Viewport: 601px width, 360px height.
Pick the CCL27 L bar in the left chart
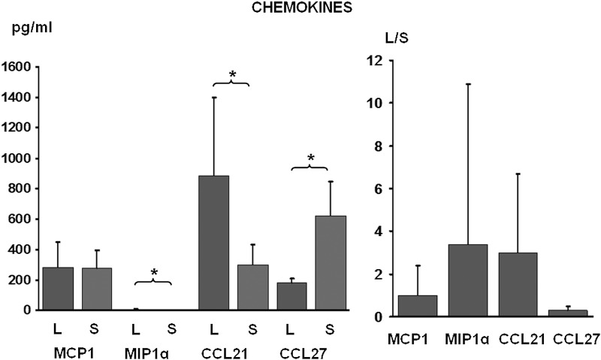(292, 296)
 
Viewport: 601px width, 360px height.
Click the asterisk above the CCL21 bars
(232, 74)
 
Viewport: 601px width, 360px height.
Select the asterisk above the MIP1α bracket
(153, 272)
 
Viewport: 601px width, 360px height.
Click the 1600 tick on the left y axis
(17, 67)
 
